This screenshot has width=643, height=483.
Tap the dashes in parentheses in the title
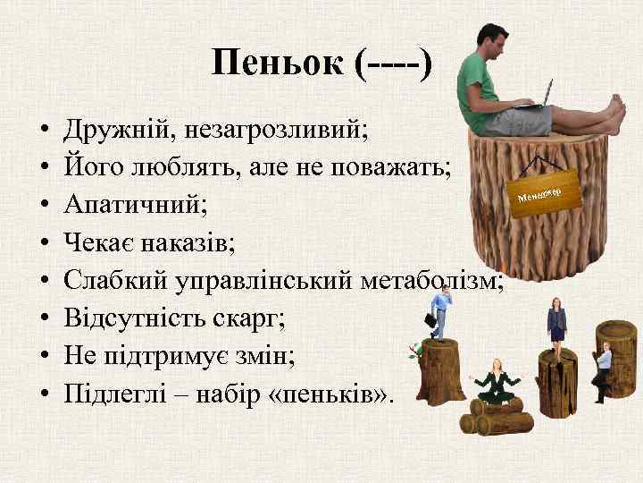pos(393,64)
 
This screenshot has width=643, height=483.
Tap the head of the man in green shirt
pos(493,40)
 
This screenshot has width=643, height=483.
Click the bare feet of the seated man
pos(614,116)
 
